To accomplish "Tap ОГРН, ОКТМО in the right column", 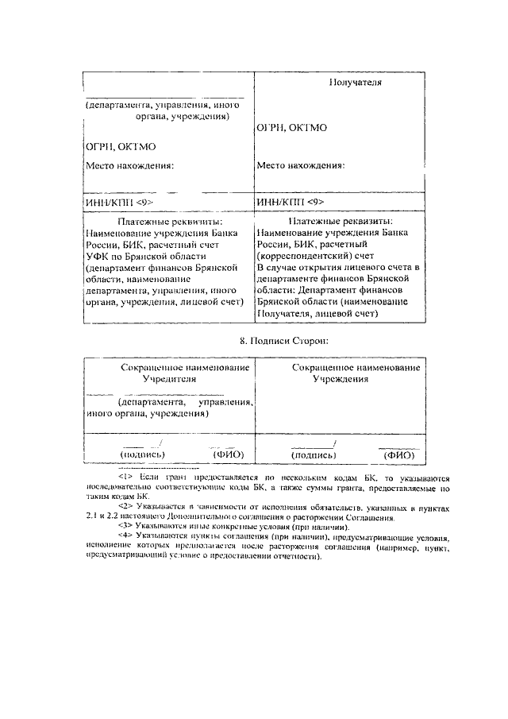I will pos(292,127).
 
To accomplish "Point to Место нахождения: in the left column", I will pos(129,166).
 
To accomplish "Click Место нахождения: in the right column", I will pos(301,166).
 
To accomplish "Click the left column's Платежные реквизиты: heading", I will pos(169,222).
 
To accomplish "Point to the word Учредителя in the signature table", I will pos(169,380).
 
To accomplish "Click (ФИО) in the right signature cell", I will pos(399,455).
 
